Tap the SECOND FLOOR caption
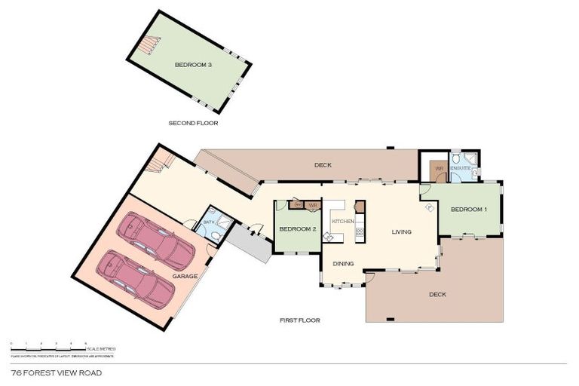tap(193, 122)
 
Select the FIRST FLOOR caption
tap(300, 320)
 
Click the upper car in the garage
tap(158, 240)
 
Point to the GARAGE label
tap(185, 277)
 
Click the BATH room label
tap(208, 223)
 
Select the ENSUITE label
tap(461, 168)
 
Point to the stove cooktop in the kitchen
tap(360, 232)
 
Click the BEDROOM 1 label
tap(469, 209)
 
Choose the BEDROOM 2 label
tap(296, 229)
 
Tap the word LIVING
tap(401, 232)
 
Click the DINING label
tap(344, 264)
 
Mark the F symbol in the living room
tap(428, 207)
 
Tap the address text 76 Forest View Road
tap(57, 372)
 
